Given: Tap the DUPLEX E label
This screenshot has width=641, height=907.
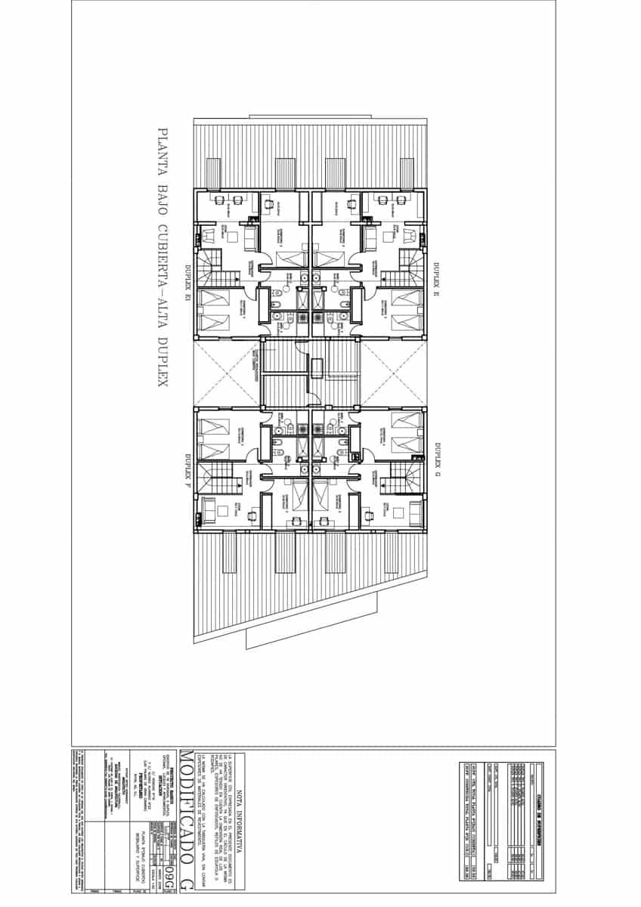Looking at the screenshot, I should tap(436, 277).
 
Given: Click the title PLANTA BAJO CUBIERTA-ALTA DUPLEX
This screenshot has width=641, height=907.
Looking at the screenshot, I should tap(160, 258).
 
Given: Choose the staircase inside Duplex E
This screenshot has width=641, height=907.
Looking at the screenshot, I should tap(408, 265).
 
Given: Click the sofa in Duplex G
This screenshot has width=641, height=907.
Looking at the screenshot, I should tap(410, 512).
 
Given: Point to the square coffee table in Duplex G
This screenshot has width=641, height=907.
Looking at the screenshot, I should tap(370, 516).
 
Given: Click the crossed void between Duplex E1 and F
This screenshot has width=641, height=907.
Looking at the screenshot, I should tap(228, 374).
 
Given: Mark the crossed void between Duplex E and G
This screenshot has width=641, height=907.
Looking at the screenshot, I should tap(393, 374).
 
